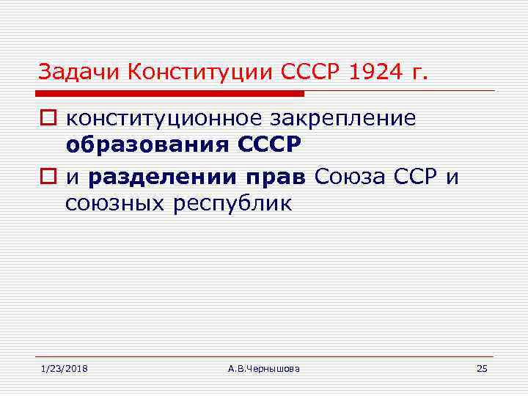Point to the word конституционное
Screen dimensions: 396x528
coord(156,119)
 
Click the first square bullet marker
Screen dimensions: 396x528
coord(47,120)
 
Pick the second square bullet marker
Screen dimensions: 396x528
coord(47,177)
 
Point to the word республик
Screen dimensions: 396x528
coord(232,203)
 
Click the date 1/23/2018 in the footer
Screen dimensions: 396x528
coord(64,368)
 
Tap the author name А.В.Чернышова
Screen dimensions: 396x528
coord(264,368)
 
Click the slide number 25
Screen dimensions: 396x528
coord(481,368)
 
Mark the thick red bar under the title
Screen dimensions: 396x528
coord(171,94)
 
